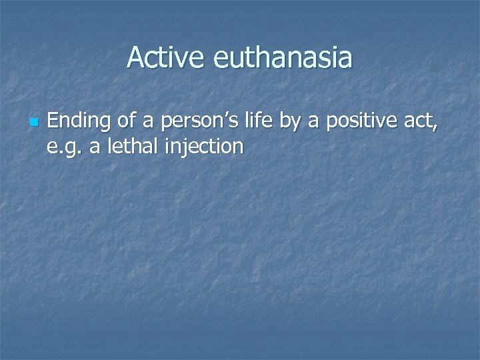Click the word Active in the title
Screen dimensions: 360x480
click(167, 57)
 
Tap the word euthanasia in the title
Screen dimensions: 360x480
click(283, 57)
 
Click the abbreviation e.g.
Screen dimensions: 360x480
click(65, 146)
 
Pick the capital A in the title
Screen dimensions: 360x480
click(135, 57)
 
